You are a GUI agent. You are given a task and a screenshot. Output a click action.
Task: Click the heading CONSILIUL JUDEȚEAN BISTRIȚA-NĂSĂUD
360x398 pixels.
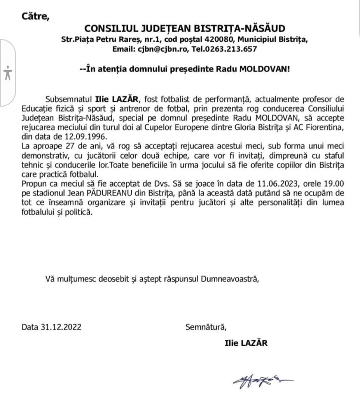click(185, 29)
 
